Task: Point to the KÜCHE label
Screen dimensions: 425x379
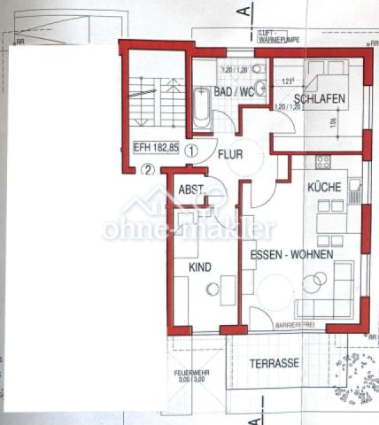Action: (x=324, y=188)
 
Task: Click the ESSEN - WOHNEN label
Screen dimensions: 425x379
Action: (x=291, y=254)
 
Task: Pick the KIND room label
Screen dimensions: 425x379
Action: (x=201, y=267)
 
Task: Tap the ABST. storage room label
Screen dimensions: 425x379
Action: (x=191, y=189)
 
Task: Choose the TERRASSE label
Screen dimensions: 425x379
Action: (x=275, y=363)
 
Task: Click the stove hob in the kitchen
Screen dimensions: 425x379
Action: (x=321, y=162)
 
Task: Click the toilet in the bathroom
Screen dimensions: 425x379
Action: (x=259, y=69)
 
